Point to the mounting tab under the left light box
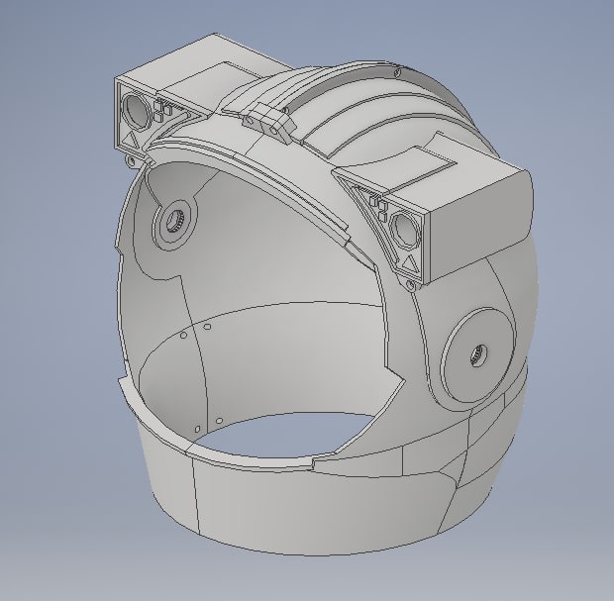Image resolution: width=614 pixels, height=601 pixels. point(132,160)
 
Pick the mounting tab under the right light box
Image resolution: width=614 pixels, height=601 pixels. point(408,287)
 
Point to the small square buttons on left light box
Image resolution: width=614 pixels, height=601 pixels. point(164,114)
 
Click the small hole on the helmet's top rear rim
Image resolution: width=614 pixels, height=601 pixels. point(397,71)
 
